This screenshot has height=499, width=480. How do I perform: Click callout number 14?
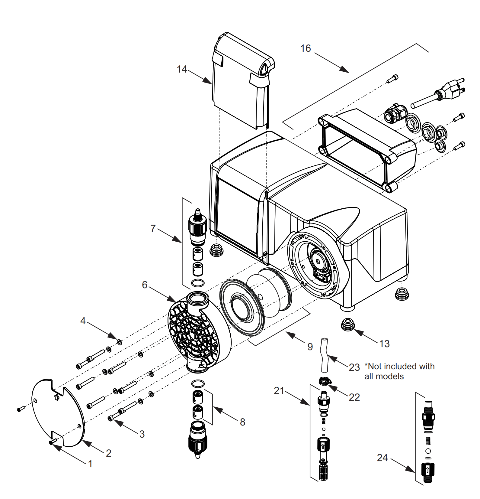pos(182,69)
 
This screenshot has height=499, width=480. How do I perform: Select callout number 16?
pos(306,48)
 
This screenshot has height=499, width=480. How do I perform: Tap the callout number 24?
pos(382,458)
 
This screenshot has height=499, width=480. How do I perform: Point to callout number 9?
pos(310,347)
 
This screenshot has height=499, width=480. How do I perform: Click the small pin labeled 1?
pos(52,442)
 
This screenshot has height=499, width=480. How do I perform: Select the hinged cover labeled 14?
pos(242,82)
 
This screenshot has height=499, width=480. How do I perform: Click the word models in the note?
pos(392,377)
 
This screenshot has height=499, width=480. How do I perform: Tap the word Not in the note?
pos(375,367)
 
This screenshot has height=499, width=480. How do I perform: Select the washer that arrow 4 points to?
pos(119,342)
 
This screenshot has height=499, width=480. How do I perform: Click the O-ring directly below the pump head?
pos(198,383)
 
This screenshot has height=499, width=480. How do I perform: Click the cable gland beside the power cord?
pos(394,113)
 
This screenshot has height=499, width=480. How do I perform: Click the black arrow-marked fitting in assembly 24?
pos(428,470)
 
